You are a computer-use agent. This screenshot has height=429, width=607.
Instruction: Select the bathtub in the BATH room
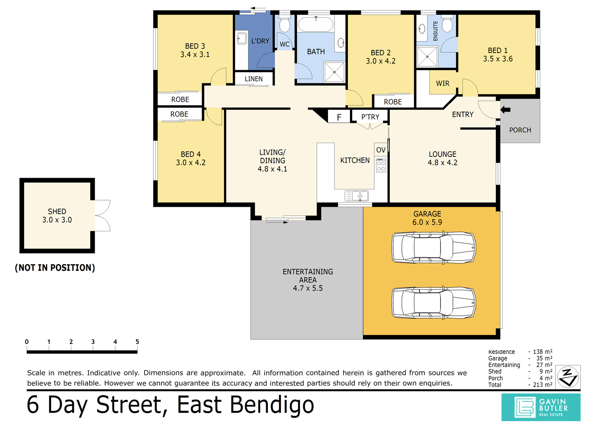tap(316, 24)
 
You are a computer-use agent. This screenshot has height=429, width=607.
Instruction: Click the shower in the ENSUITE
tap(427, 57)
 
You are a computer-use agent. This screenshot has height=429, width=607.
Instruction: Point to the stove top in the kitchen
tap(381, 166)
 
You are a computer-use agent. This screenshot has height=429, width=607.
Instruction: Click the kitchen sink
tap(356, 196)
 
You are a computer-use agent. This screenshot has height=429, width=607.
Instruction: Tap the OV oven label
tap(381, 150)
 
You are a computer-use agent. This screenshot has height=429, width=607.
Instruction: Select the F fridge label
tap(339, 117)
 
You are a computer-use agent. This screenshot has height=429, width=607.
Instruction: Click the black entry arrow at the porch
tap(505, 110)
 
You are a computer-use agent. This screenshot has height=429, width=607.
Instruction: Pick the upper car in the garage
tap(434, 247)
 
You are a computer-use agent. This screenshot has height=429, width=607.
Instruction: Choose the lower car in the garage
tap(434, 303)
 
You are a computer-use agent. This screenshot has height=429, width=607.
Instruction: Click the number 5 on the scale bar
tap(137, 342)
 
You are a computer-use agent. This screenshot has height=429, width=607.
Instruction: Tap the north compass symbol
tap(568, 377)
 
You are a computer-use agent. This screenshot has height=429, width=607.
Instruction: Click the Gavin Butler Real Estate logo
tap(541, 407)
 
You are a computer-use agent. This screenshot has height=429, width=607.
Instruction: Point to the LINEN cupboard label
tap(254, 79)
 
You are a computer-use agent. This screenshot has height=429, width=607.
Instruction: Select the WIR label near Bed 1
tap(443, 83)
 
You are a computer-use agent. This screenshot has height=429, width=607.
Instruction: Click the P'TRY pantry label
tap(370, 117)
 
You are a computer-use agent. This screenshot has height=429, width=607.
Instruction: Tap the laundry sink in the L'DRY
tap(242, 38)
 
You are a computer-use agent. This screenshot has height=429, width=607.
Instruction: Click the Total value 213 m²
tap(543, 384)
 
